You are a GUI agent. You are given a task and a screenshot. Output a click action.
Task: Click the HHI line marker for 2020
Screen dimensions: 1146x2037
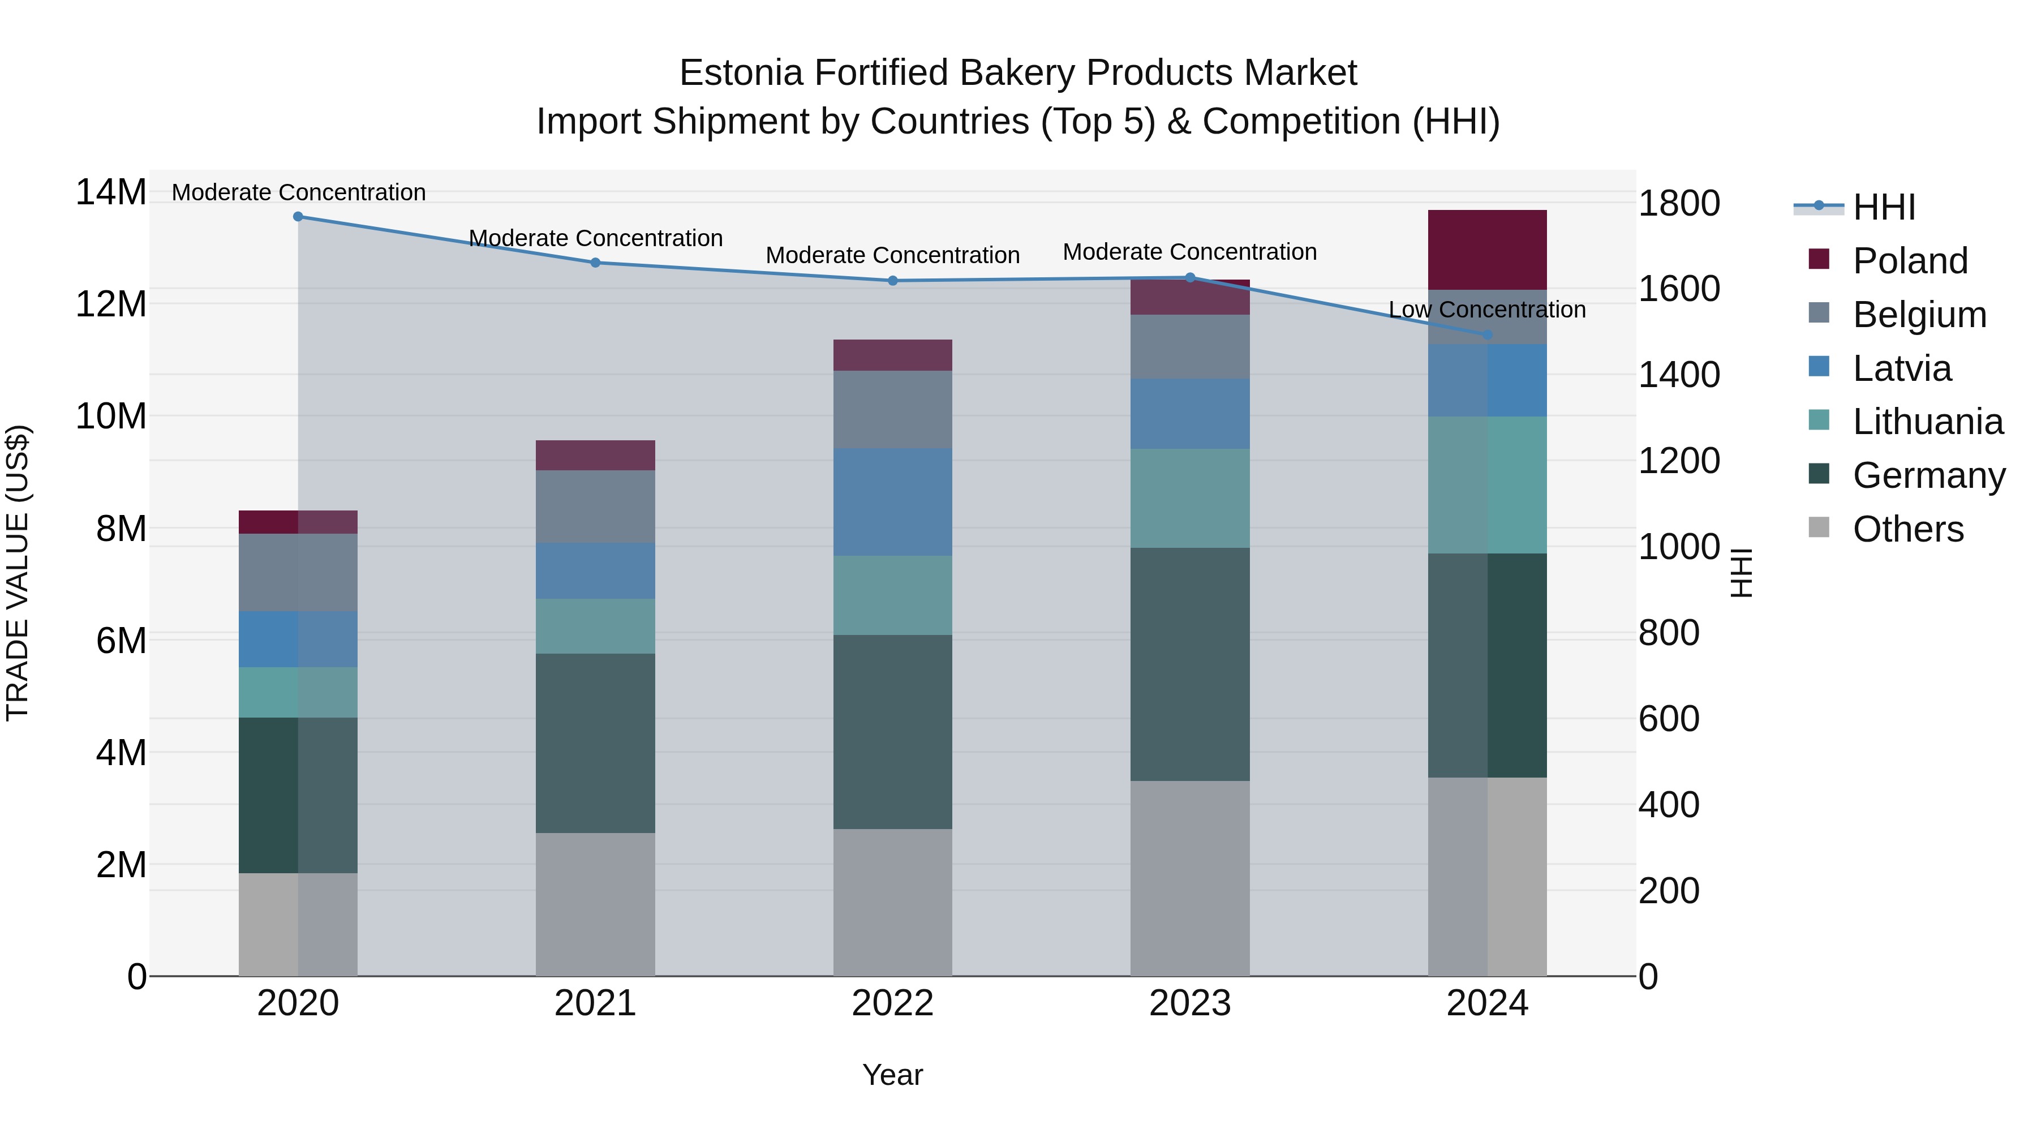tap(298, 217)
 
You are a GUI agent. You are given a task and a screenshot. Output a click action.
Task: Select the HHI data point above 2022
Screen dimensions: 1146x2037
tap(893, 281)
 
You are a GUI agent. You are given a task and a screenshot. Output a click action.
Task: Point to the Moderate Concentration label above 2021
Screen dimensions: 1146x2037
tap(595, 238)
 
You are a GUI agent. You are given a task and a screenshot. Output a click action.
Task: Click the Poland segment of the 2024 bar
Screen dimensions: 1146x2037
tap(1488, 250)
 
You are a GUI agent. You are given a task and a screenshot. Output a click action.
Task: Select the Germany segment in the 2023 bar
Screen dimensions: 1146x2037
tap(1190, 664)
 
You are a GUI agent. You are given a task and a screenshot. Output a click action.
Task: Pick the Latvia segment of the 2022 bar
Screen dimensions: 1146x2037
tap(893, 502)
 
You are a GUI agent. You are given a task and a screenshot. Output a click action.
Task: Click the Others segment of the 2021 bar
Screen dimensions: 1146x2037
tap(595, 904)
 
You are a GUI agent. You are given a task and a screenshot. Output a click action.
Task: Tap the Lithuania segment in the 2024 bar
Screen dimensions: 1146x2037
tap(1488, 485)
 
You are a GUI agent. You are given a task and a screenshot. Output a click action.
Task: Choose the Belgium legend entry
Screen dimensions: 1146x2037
tap(1919, 315)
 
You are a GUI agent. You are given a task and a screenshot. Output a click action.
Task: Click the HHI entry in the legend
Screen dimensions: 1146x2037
tap(1884, 207)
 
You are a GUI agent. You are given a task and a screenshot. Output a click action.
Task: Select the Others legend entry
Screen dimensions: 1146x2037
tap(1907, 529)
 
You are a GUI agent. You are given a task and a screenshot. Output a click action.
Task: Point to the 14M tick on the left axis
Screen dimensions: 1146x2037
tap(111, 193)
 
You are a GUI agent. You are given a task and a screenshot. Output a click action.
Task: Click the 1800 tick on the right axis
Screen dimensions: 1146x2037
tap(1679, 203)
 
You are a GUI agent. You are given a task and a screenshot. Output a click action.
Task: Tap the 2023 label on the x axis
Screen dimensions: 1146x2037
tap(1190, 1003)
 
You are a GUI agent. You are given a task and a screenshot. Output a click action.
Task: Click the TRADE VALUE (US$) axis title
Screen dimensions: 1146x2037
tap(18, 573)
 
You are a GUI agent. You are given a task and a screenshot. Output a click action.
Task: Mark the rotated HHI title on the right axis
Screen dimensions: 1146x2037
tap(1742, 573)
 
